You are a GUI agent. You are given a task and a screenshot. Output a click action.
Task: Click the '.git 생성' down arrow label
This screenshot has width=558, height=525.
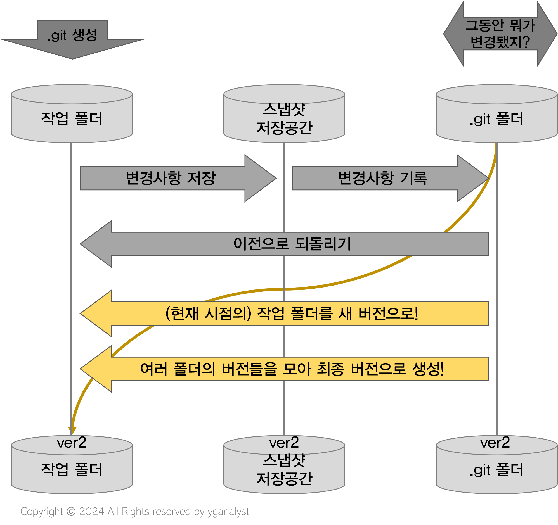pos(72,36)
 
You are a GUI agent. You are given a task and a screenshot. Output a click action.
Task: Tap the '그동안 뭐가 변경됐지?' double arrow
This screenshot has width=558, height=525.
pos(500,34)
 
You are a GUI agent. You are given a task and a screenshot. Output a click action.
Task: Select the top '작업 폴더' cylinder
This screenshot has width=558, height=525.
pos(72,118)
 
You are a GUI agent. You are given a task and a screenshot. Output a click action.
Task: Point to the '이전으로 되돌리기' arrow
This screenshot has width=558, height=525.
pos(292,244)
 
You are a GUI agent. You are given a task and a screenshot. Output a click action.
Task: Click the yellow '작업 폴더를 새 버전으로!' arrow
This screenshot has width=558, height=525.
pos(292,313)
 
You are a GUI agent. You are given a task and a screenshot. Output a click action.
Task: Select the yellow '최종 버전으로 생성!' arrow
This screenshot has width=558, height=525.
pos(292,369)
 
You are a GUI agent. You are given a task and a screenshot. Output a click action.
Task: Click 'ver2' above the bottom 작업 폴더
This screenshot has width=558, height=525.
pos(72,443)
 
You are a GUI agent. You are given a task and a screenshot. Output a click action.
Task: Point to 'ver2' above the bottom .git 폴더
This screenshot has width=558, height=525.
pos(495,443)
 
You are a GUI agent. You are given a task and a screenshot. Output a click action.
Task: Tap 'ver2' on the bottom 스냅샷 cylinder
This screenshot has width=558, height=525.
pos(284,443)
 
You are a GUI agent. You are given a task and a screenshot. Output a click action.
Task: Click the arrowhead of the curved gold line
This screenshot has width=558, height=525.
pos(72,431)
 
